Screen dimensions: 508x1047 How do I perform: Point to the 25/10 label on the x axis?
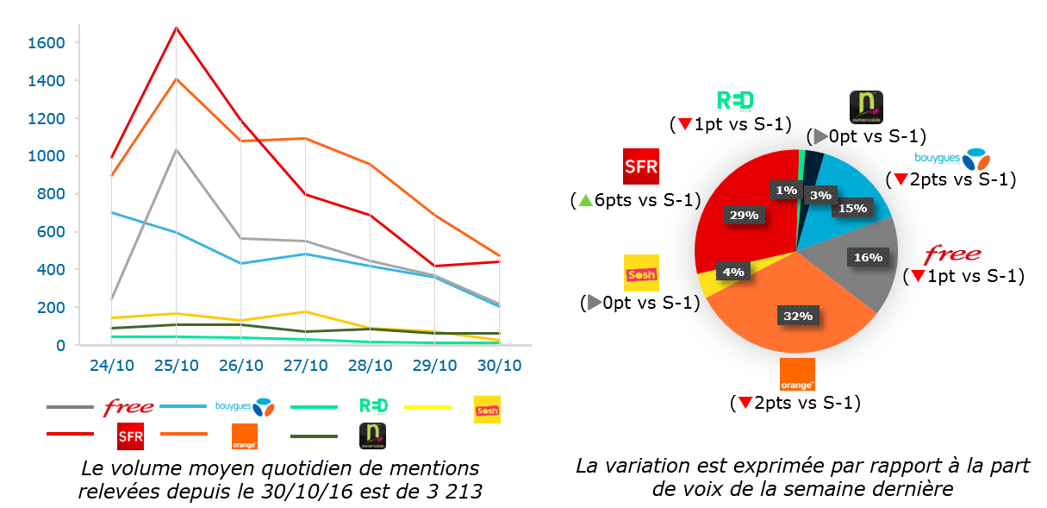[x=177, y=365]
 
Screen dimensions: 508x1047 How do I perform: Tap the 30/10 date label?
[x=500, y=365]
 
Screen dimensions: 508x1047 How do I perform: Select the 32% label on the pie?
[x=798, y=317]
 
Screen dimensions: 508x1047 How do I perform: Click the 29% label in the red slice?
[x=742, y=215]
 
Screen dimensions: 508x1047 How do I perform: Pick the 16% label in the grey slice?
[x=868, y=257]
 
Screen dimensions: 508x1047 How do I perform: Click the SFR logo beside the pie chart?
[x=640, y=166]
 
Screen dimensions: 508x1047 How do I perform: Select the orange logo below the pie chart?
[x=797, y=374]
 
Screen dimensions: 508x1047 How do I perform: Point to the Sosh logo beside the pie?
[x=640, y=273]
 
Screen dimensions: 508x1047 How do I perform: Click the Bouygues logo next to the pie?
[x=951, y=160]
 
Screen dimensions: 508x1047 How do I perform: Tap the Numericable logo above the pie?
[x=866, y=108]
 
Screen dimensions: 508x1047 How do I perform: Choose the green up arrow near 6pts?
[x=586, y=200]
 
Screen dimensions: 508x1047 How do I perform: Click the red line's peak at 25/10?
[x=176, y=28]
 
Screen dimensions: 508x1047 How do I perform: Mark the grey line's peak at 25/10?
[x=176, y=150]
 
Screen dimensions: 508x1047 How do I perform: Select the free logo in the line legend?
[x=128, y=407]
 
